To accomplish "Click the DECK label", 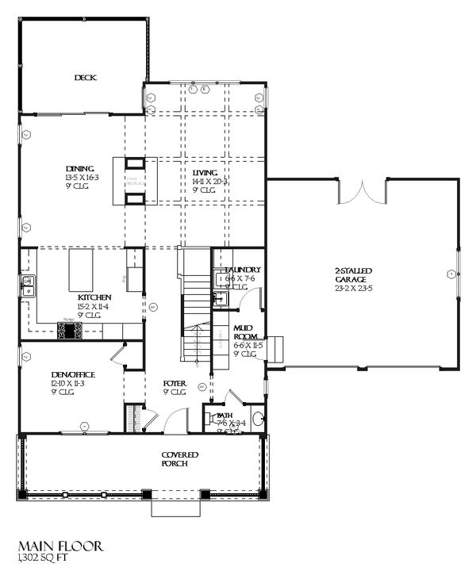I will coord(84,78).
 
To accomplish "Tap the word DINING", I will coord(81,169).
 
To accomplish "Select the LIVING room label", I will coord(205,173).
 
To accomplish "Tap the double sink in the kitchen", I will coord(29,286).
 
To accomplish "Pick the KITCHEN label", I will coord(94,297).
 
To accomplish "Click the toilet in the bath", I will coord(257,419).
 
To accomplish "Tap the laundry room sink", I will coord(221,299).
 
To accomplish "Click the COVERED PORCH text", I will coord(179,458).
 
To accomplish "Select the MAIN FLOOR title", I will coord(59,547).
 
